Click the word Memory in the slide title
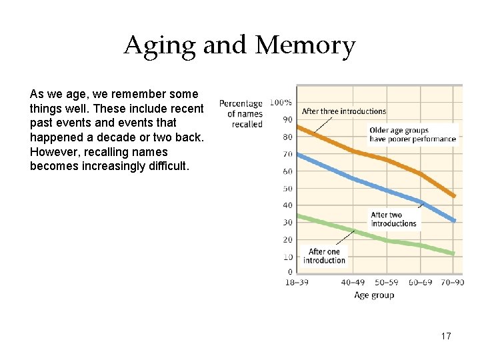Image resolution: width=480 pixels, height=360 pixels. click(x=305, y=46)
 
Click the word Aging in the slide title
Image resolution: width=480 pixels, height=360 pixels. click(x=160, y=46)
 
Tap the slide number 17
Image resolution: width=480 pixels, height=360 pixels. click(x=446, y=336)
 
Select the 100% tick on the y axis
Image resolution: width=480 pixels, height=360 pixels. click(x=281, y=103)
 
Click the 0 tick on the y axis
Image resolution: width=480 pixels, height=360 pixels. click(x=289, y=272)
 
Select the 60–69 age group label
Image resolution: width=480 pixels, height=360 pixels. click(x=421, y=283)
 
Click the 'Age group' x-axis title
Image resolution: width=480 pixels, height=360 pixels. click(x=374, y=295)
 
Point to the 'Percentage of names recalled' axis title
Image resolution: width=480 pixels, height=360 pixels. click(x=241, y=114)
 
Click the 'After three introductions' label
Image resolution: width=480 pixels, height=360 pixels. click(x=344, y=111)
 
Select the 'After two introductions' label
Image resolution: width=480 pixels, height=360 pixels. click(x=393, y=219)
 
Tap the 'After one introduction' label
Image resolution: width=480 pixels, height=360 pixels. click(x=324, y=256)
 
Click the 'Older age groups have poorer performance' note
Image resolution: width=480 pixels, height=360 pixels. click(x=413, y=135)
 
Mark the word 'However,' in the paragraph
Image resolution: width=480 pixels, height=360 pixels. click(x=52, y=152)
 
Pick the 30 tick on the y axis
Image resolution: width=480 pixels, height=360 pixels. click(x=287, y=223)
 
